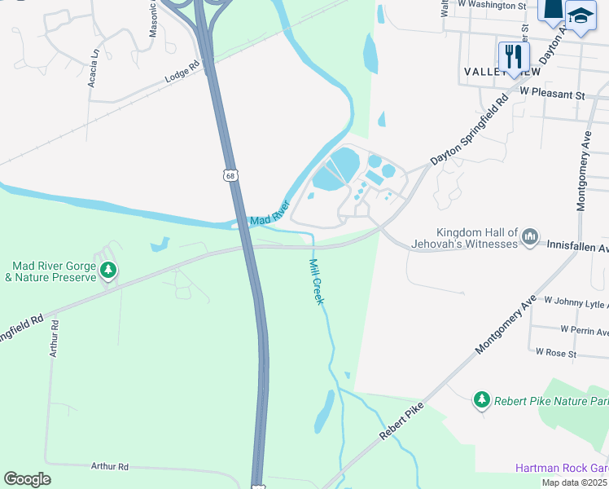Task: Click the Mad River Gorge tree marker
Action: [x=106, y=271]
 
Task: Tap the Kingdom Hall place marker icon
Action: [x=530, y=236]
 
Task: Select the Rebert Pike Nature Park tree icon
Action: [x=482, y=399]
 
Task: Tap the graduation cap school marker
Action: [x=581, y=15]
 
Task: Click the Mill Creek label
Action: [x=317, y=281]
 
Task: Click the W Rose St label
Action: [x=556, y=353]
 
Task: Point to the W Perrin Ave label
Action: [x=583, y=330]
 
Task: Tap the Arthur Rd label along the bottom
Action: [x=110, y=467]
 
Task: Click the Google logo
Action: [x=27, y=479]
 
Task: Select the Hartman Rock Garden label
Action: [x=562, y=468]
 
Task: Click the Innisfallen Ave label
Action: [x=576, y=244]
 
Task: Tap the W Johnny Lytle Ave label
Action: [x=576, y=302]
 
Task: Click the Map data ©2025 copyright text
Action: [x=575, y=482]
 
